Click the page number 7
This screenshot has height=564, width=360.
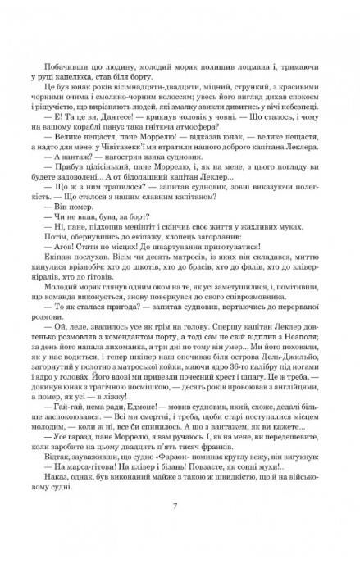[180, 530]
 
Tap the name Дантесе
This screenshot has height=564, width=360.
[94, 116]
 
